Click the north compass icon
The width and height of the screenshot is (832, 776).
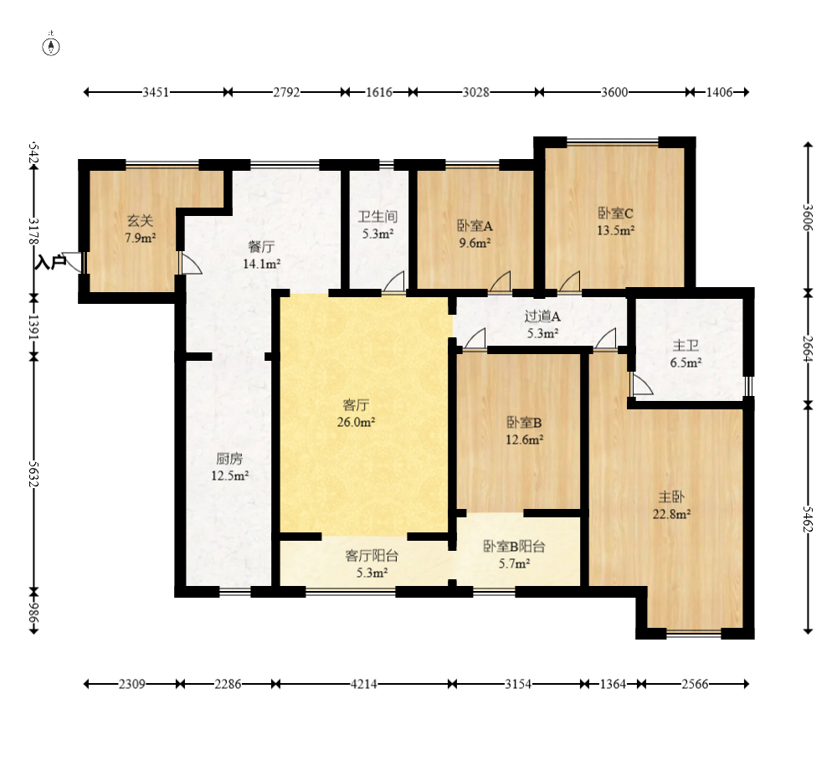tap(51, 47)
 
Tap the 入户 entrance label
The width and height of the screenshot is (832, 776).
tap(50, 262)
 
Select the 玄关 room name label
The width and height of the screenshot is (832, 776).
tap(140, 220)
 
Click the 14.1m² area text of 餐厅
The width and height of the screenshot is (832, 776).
tap(262, 264)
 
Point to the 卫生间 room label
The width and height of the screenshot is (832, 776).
tap(377, 217)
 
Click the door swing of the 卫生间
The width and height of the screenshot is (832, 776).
tap(393, 281)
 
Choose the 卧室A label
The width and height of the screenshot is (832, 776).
tap(475, 226)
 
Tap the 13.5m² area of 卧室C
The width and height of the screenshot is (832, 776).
tap(615, 230)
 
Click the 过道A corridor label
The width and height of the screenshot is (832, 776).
tap(542, 316)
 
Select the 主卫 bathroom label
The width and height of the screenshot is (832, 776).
tap(686, 346)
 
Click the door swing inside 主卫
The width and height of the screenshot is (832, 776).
tap(642, 383)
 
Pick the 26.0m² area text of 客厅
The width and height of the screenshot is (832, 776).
tap(356, 423)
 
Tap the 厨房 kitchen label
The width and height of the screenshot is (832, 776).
tap(229, 459)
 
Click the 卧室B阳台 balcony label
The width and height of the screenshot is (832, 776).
tap(514, 546)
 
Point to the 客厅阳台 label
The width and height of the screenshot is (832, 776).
tap(372, 556)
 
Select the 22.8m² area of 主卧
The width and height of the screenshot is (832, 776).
tap(671, 514)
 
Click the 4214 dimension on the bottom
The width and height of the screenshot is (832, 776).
tap(364, 684)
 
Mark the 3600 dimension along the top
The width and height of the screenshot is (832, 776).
tap(614, 92)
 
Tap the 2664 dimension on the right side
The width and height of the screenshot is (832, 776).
tap(808, 348)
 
